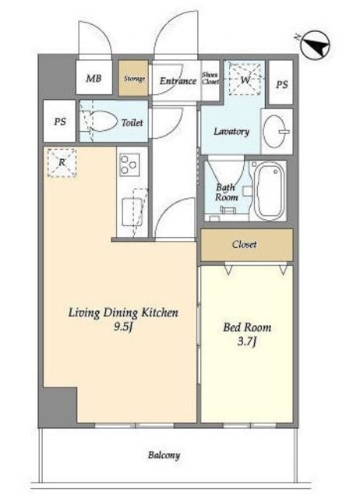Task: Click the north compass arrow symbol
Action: click(x=315, y=45)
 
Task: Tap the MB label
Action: click(x=94, y=78)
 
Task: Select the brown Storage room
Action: click(x=133, y=78)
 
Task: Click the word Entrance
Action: click(x=178, y=81)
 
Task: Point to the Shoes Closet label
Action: click(x=210, y=78)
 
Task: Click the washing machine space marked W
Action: click(x=245, y=79)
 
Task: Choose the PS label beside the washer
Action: click(x=282, y=85)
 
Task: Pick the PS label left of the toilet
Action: click(x=60, y=122)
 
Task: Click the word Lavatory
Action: click(x=231, y=132)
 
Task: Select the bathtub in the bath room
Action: click(x=270, y=190)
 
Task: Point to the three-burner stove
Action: click(x=130, y=165)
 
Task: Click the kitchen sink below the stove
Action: click(x=132, y=211)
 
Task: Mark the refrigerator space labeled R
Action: click(x=62, y=163)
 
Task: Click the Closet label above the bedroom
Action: click(x=244, y=244)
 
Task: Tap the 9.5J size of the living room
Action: click(x=123, y=327)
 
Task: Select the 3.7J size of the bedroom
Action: click(x=247, y=342)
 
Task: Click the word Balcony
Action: click(x=164, y=455)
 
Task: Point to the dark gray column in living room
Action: click(x=61, y=405)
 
